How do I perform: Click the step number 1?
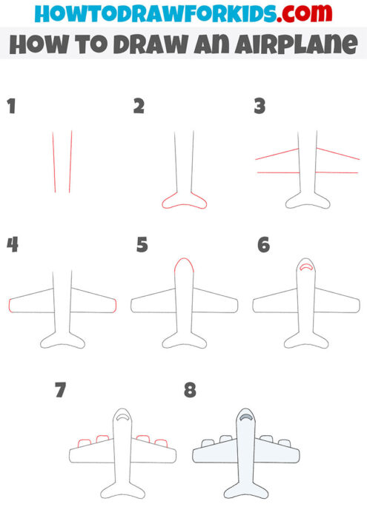[10, 107]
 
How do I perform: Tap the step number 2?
[139, 107]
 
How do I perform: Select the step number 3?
[259, 107]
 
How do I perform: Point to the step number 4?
[12, 244]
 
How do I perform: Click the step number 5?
[142, 244]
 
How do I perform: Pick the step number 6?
[263, 244]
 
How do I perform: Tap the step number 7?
[61, 390]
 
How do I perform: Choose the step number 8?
[190, 390]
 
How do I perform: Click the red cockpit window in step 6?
[305, 269]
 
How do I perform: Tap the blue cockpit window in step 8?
[245, 419]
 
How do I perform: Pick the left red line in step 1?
[54, 161]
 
